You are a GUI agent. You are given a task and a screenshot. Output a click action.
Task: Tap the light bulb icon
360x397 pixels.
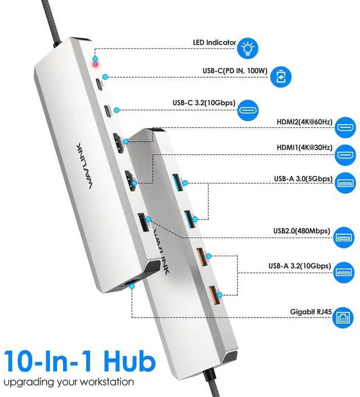[245, 47]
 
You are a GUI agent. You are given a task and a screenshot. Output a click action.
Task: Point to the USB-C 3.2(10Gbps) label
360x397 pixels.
[204, 102]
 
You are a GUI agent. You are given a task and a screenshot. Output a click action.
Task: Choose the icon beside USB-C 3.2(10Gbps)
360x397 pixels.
[251, 109]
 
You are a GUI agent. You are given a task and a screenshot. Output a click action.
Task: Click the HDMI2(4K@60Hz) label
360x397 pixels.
[305, 122]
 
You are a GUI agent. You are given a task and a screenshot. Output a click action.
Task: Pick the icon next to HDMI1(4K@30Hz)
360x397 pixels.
[344, 153]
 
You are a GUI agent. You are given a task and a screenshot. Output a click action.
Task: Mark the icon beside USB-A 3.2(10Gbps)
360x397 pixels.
[344, 272]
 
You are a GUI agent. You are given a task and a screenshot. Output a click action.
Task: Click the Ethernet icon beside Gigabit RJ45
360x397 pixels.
[344, 316]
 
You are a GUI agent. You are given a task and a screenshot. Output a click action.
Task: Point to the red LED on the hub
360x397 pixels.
[97, 64]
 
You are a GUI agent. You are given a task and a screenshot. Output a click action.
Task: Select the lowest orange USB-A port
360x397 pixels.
[213, 294]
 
